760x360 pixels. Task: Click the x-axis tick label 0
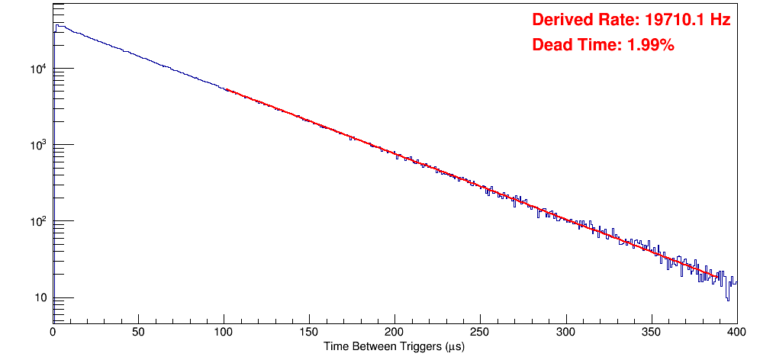[53, 332]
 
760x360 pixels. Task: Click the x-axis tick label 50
[138, 332]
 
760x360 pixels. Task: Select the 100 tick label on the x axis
[224, 332]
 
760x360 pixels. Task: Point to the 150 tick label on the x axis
[309, 332]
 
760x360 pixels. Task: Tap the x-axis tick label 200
[394, 332]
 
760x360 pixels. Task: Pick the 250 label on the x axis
[480, 332]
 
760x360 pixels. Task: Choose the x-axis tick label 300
[565, 332]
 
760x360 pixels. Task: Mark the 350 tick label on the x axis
[651, 332]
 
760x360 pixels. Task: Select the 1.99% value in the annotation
[650, 45]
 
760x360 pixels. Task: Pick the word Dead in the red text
[550, 45]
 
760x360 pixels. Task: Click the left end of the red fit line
[226, 89]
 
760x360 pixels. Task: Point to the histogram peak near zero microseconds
[56, 25]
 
